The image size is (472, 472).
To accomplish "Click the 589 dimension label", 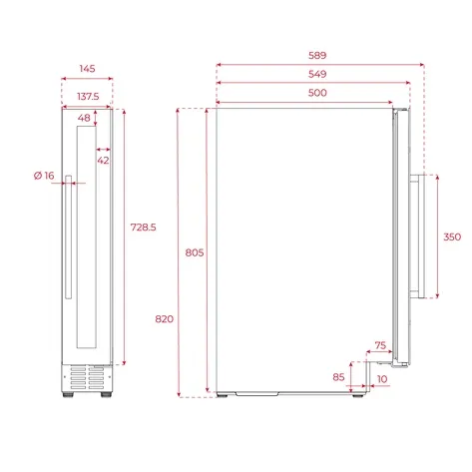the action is coord(317,55).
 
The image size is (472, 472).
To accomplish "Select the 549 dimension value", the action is coord(317,74).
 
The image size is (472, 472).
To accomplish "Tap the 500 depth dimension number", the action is coord(317,93).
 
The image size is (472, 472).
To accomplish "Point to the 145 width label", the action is coord(87,69).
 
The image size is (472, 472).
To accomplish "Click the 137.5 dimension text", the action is coord(88,97).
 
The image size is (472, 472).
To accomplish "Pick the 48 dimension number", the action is coord(84,118).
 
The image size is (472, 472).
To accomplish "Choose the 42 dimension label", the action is coord(103,161).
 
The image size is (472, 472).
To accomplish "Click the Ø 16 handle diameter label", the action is coord(44,176).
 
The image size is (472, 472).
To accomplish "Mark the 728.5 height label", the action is coord(143,228).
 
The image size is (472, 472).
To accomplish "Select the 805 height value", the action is coord(195,252).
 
